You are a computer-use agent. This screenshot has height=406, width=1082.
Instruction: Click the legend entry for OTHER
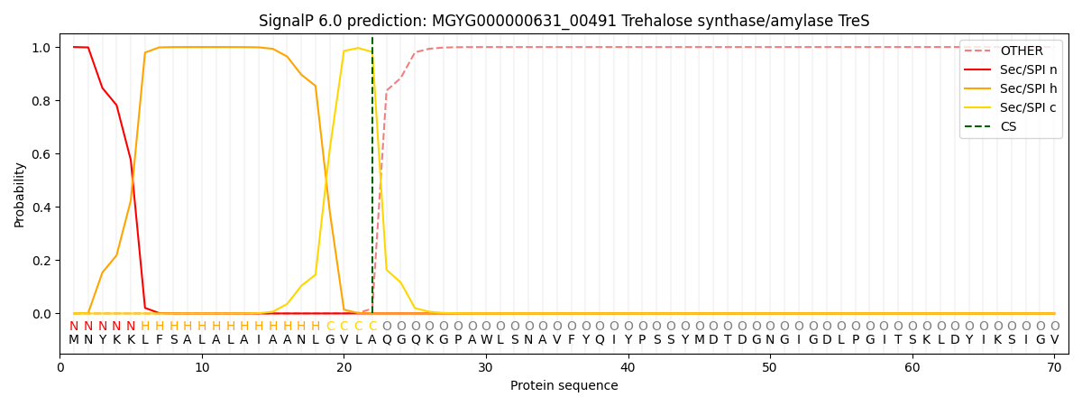(1011, 51)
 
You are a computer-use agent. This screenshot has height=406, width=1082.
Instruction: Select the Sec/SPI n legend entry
(1011, 69)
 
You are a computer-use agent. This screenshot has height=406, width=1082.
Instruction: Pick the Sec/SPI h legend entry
(1011, 88)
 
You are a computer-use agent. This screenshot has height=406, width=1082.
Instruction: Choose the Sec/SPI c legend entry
(1011, 107)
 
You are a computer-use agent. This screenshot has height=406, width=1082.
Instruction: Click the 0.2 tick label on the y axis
(41, 261)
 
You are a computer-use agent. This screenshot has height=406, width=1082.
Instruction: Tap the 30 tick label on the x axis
(485, 367)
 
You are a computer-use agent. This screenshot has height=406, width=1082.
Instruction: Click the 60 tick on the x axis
(912, 356)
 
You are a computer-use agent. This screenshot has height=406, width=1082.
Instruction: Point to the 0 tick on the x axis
(60, 356)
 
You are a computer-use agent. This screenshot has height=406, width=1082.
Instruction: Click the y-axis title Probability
(19, 195)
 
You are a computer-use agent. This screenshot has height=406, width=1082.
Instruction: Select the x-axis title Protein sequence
(564, 385)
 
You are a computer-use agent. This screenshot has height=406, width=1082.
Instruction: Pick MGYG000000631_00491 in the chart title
(524, 22)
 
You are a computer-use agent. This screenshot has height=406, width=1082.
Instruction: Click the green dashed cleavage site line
(372, 175)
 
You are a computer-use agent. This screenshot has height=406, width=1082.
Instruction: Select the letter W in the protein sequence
(486, 340)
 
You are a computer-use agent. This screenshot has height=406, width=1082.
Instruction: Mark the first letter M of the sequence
(74, 340)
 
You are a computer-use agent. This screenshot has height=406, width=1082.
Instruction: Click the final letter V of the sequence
(1055, 340)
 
